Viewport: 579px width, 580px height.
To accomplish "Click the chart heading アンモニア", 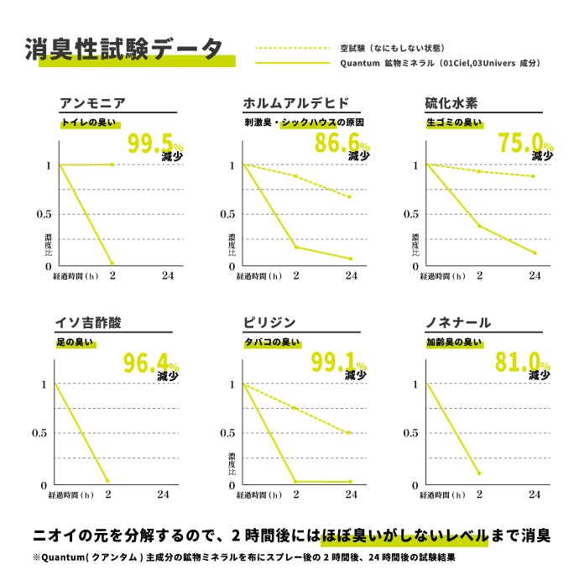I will point(92,103).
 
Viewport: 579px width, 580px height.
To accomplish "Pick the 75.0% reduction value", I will point(525,144).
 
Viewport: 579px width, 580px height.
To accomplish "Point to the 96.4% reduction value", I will point(152,363).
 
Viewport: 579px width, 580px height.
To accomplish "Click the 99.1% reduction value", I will point(340,363).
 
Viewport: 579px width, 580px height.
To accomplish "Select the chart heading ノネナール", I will point(458,323).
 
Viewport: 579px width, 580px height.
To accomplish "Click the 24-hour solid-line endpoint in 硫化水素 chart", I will point(534,253).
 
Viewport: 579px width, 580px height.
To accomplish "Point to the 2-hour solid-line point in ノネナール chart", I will point(479,473).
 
